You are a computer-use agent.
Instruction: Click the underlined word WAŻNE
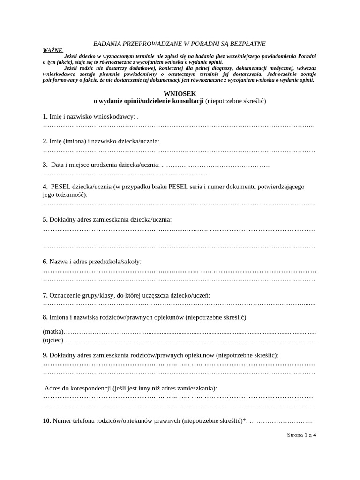(52, 50)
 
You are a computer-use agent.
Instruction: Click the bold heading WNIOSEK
(180, 94)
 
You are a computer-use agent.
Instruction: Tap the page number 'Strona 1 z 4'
(301, 435)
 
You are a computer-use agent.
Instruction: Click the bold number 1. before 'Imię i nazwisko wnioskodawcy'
(45, 116)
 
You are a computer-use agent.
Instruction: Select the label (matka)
(52, 331)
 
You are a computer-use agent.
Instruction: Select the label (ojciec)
(52, 340)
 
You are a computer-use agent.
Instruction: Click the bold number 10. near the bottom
(47, 421)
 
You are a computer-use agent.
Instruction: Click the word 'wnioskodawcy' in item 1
(115, 116)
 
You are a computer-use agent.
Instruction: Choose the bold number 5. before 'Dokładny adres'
(45, 219)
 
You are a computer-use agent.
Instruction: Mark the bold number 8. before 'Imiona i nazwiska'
(45, 317)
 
